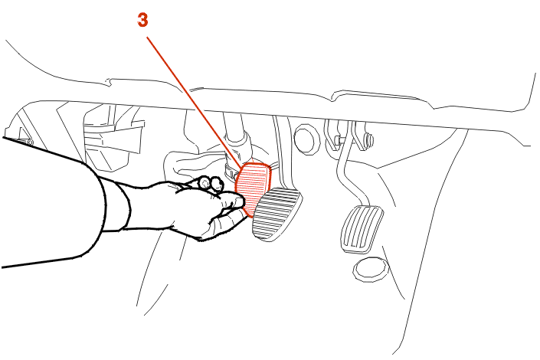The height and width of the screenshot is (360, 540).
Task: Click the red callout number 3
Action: [x=142, y=20]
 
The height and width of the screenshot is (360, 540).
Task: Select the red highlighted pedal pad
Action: [x=253, y=188]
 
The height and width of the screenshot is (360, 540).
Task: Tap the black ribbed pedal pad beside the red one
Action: [x=277, y=214]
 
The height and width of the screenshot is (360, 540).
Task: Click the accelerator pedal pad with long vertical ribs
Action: [x=362, y=229]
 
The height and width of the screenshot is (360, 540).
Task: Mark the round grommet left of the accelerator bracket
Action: [x=307, y=139]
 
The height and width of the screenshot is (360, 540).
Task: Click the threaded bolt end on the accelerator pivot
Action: [x=370, y=139]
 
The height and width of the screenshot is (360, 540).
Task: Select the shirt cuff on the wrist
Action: [x=119, y=207]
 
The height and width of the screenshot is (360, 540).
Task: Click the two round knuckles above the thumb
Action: [x=211, y=183]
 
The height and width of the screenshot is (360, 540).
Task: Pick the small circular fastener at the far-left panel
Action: [x=30, y=142]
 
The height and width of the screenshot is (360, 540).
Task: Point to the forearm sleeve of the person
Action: [x=51, y=203]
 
